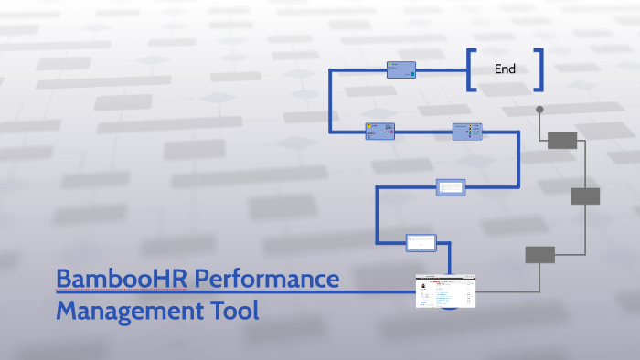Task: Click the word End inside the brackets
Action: point(505,69)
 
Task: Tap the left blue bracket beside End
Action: point(470,69)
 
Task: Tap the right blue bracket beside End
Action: point(540,69)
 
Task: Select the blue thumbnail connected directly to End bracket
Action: point(400,69)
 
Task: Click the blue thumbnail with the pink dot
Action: point(379,132)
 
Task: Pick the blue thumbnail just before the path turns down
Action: point(466,132)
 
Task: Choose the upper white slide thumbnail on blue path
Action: point(451,186)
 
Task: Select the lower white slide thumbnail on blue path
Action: point(421,242)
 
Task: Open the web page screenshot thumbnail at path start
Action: point(446,291)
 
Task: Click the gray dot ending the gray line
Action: point(539,110)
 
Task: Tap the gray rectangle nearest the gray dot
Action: point(562,140)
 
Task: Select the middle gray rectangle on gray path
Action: point(585,196)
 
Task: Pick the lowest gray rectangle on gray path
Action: point(539,255)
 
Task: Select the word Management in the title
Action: point(125,311)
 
